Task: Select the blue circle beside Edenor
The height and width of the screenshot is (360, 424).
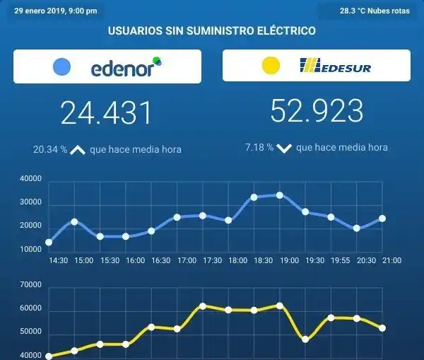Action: [x=62, y=66]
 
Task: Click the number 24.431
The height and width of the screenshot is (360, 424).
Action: [x=106, y=113]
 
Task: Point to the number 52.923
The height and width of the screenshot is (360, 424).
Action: [x=317, y=111]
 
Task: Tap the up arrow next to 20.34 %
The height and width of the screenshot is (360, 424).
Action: [x=78, y=150]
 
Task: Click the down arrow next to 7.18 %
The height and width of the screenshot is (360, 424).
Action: [x=284, y=149]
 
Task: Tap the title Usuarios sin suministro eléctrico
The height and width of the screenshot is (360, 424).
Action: [x=211, y=30]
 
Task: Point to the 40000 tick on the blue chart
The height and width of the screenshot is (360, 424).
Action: [x=32, y=180]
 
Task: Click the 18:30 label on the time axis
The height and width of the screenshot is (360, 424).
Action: [x=264, y=260]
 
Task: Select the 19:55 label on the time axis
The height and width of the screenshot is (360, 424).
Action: [x=341, y=260]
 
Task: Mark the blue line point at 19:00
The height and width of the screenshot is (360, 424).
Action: [x=279, y=195]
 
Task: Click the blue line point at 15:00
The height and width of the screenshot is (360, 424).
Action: [x=74, y=221]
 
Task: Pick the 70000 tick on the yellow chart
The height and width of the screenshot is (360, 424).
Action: [x=32, y=286]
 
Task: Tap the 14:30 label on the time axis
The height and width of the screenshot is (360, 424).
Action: [x=58, y=260]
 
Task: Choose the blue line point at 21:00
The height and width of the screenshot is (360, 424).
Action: [x=382, y=218]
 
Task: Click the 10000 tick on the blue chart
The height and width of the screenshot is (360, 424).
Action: [x=32, y=249]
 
